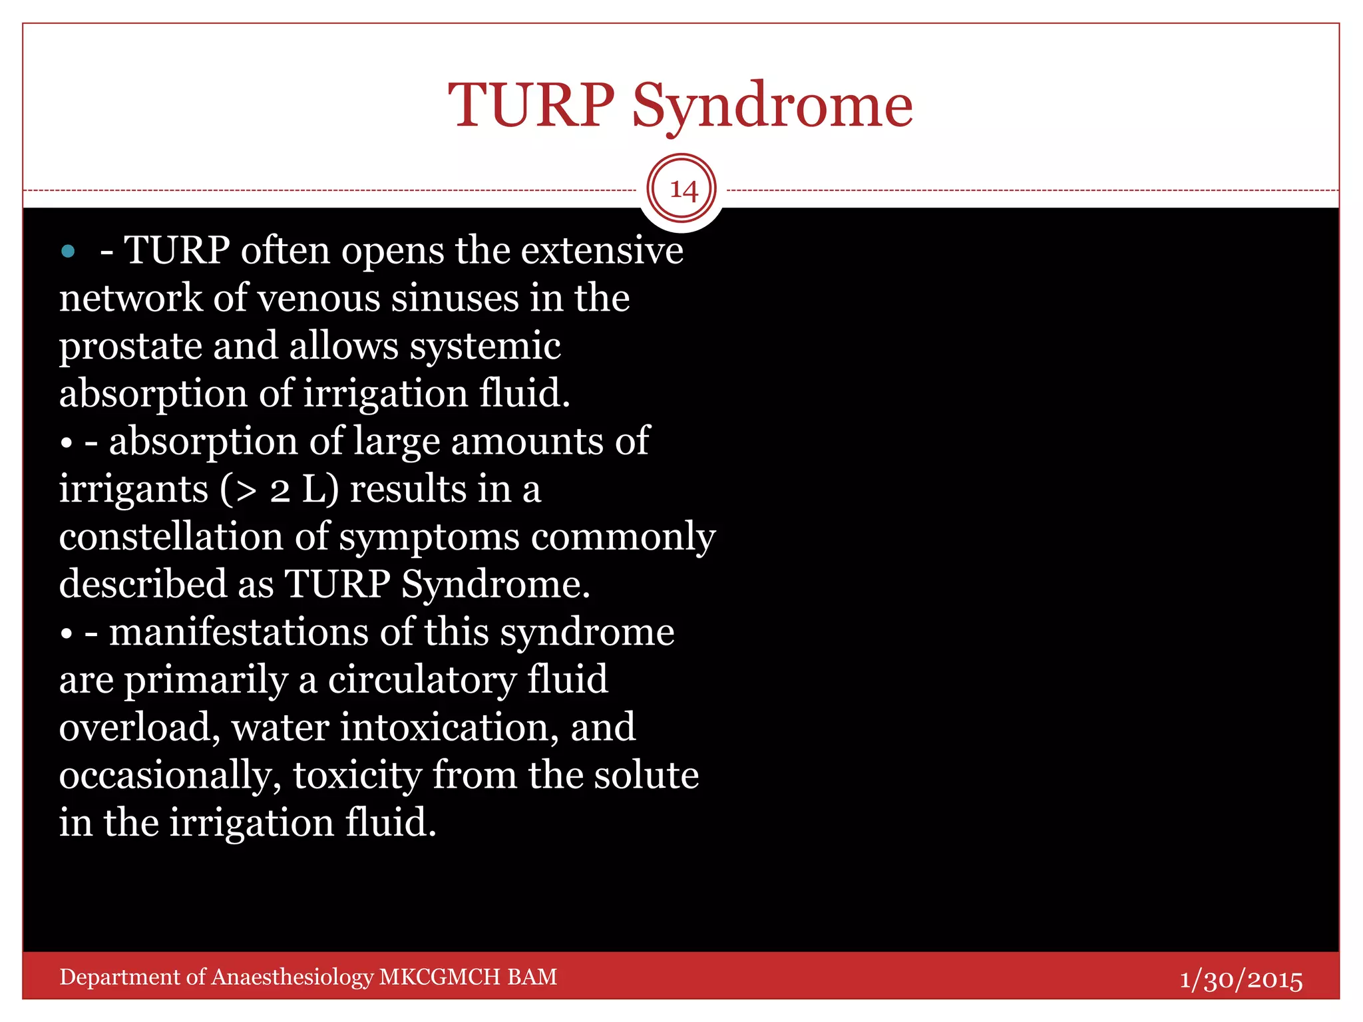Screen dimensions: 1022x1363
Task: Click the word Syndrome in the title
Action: [772, 106]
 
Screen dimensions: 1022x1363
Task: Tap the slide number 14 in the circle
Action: [683, 190]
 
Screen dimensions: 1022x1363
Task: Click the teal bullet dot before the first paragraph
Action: [68, 252]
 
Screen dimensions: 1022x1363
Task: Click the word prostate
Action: [130, 347]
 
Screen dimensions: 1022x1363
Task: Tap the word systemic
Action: [485, 347]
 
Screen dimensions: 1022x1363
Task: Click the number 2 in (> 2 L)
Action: [280, 490]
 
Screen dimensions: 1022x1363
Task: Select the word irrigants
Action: [134, 490]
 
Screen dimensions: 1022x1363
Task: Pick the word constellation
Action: [171, 537]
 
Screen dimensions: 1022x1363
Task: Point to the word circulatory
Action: [422, 680]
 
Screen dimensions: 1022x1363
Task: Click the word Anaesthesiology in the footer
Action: [292, 977]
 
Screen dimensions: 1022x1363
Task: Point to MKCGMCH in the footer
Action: [439, 977]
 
